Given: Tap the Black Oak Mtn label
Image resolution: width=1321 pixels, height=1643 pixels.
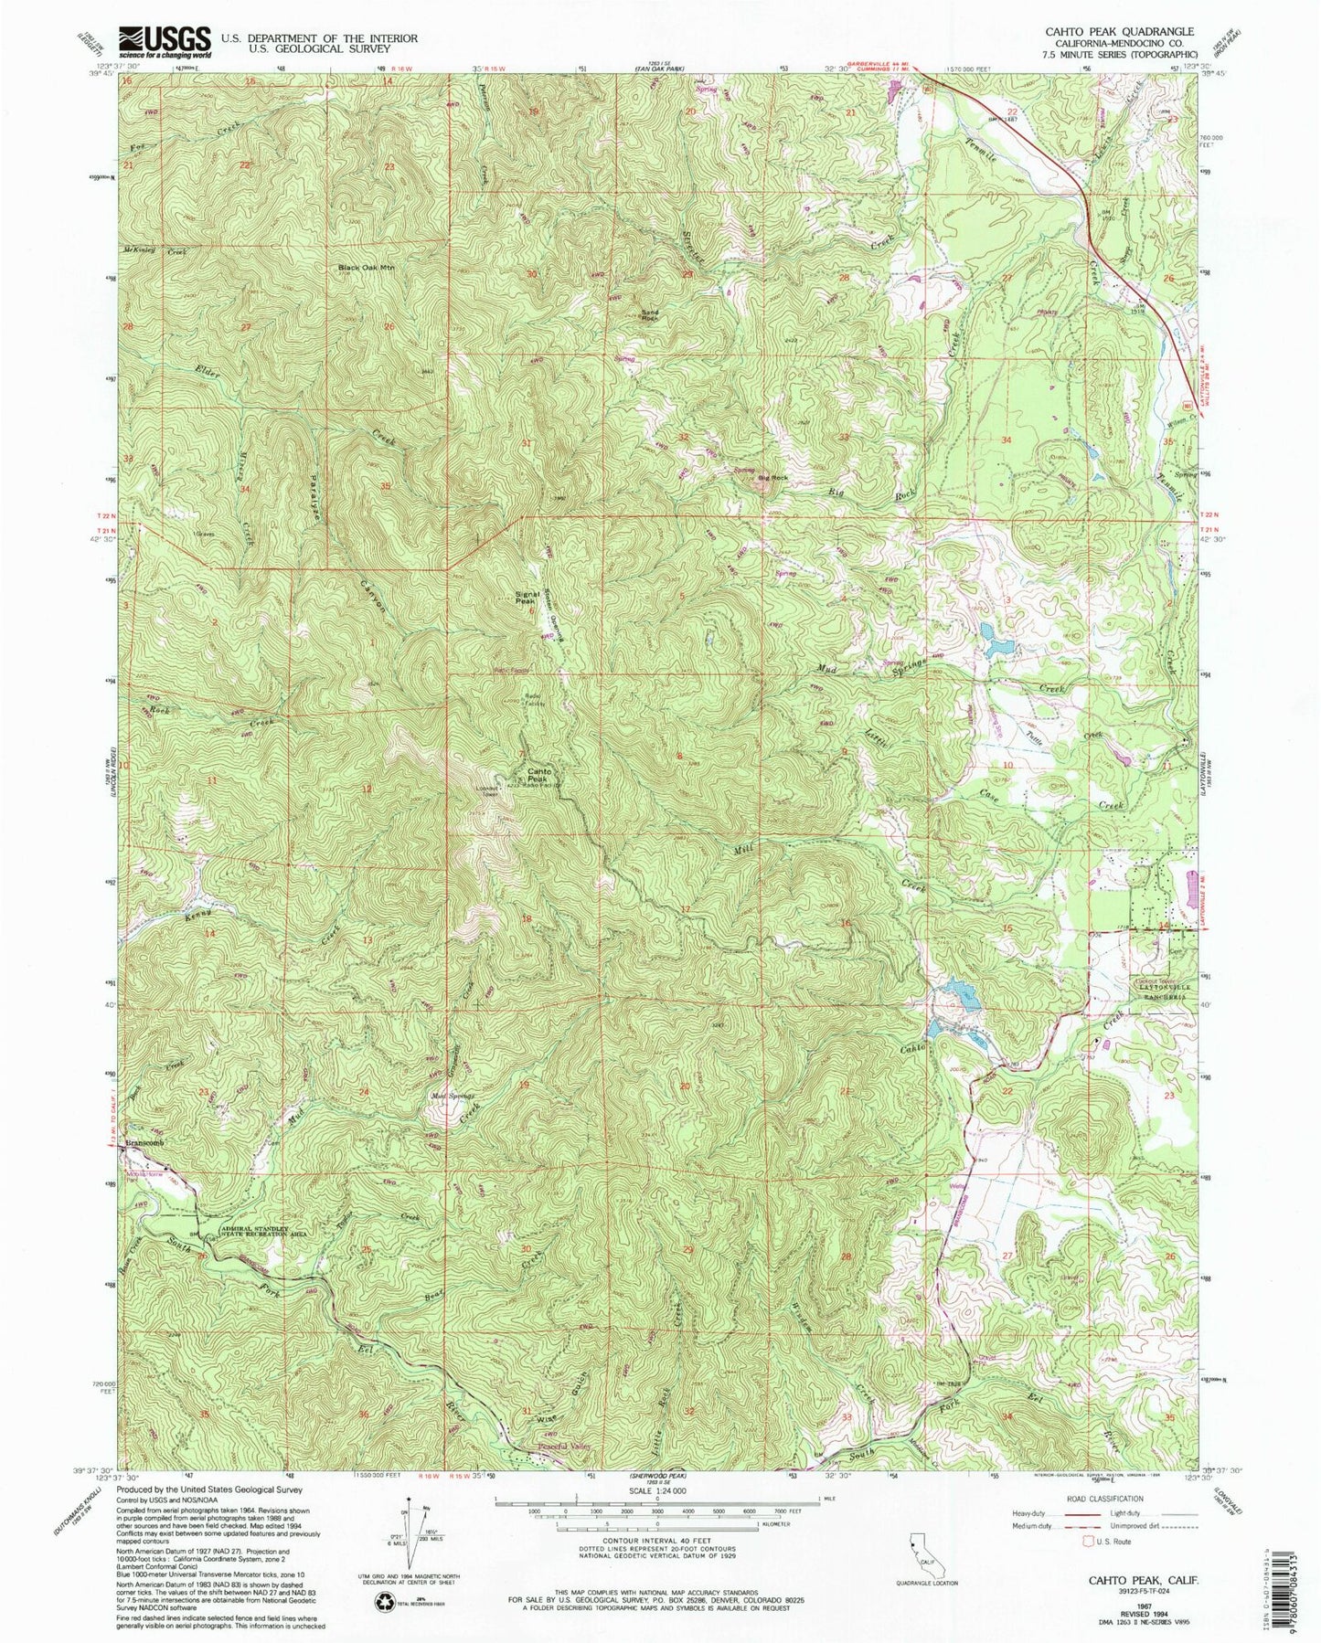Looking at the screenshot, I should [366, 268].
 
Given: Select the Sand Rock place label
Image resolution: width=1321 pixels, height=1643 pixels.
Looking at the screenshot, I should [650, 315].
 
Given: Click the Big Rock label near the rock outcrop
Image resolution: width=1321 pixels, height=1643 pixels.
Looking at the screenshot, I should [772, 478].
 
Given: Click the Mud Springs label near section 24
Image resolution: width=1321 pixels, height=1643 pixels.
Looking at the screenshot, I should [449, 1097].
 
